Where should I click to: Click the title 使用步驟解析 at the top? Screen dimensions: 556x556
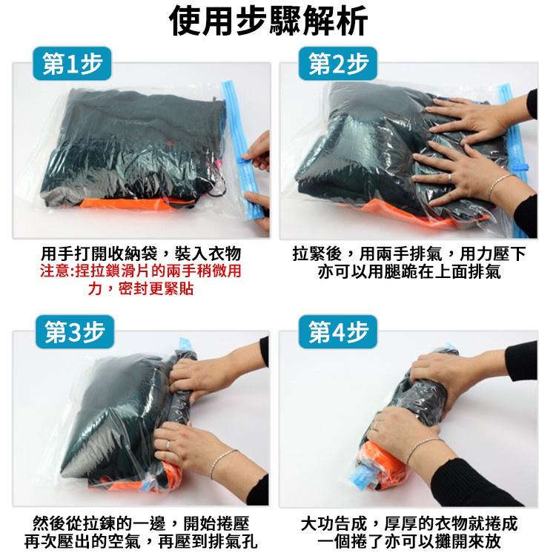277,22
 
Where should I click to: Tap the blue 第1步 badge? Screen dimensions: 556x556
71,67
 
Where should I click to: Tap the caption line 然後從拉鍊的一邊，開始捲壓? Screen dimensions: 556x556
141,522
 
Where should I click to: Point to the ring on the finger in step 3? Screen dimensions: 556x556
168,445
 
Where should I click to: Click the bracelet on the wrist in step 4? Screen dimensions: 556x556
423,446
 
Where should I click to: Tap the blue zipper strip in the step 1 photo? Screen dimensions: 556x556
242,148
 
